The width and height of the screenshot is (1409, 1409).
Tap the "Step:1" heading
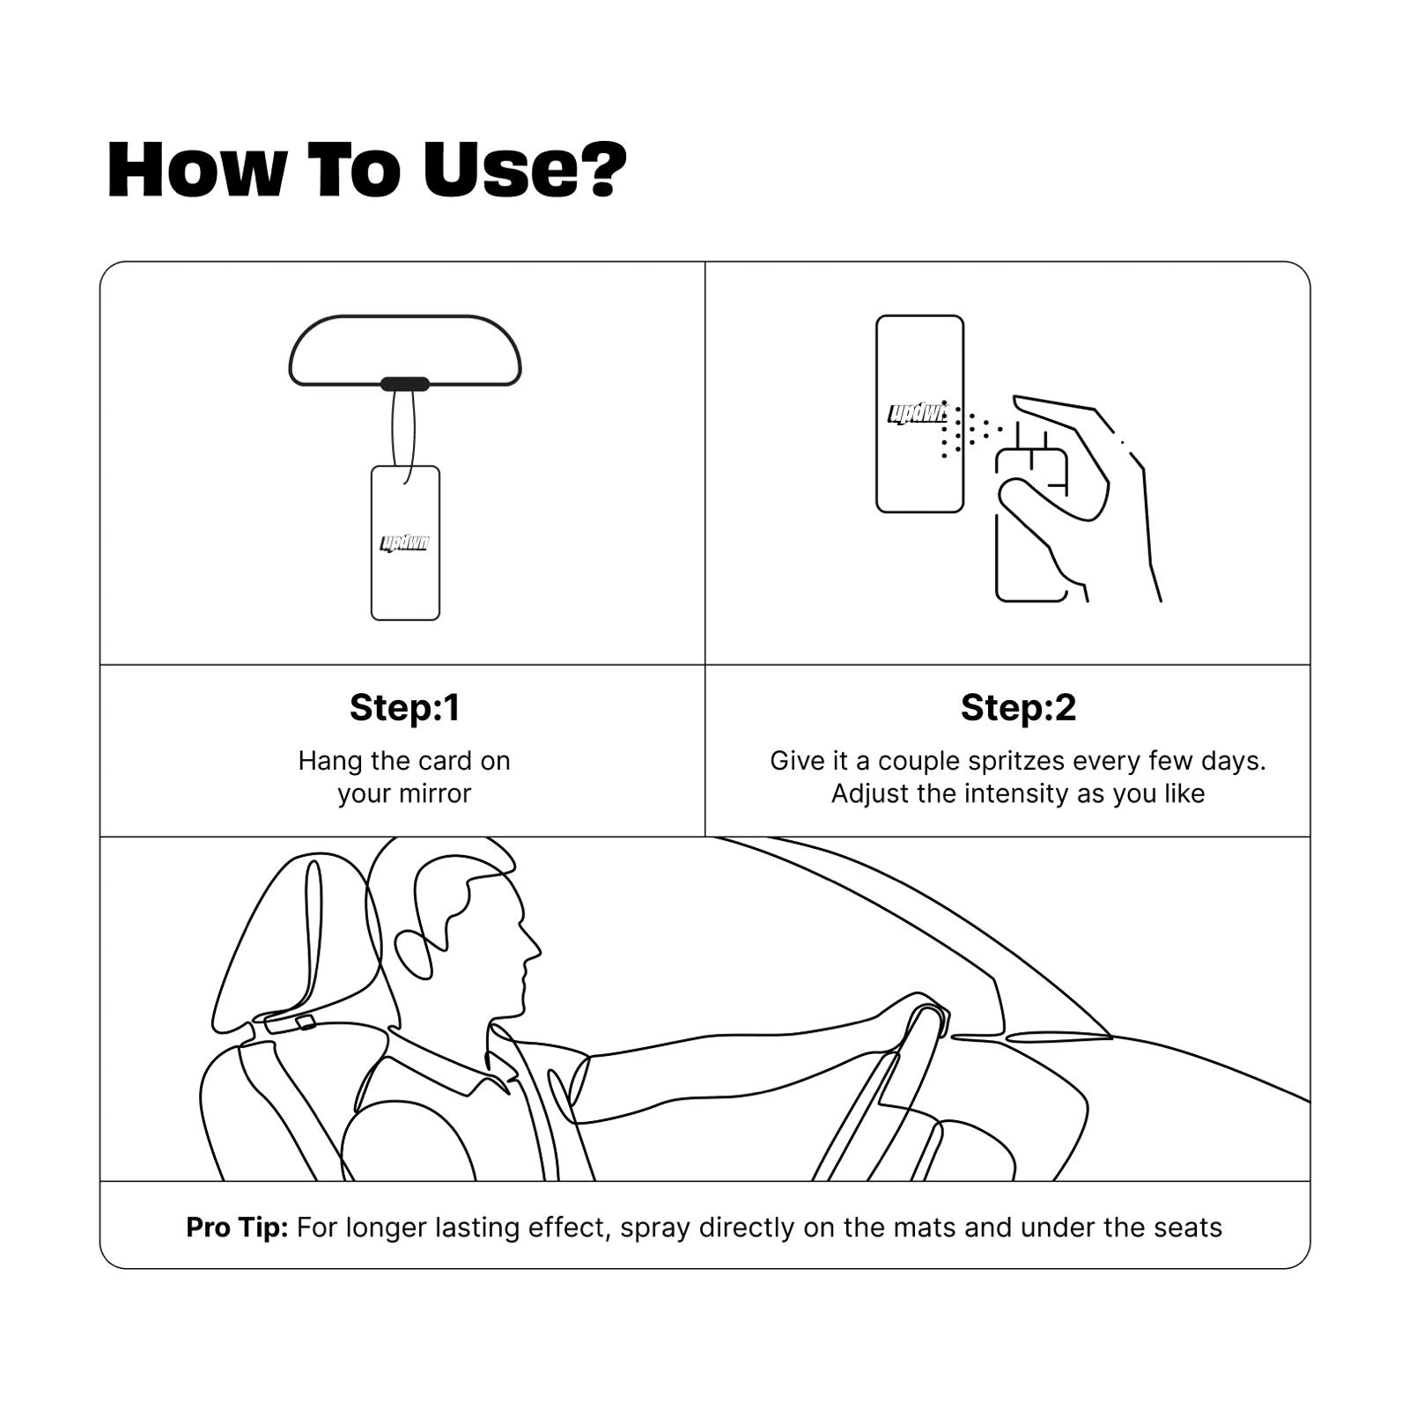coord(404,707)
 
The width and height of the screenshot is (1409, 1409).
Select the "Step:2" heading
coord(1018,707)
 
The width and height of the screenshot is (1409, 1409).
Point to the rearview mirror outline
coord(405,317)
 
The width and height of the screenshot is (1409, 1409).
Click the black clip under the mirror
coord(405,384)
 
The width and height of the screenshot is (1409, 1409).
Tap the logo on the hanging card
coord(405,542)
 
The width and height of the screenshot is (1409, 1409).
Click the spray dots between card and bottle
coord(969,431)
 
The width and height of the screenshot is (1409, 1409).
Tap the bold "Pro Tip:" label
coord(237,1228)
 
